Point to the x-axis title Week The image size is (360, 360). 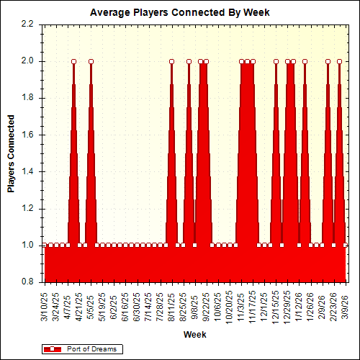(x=194, y=335)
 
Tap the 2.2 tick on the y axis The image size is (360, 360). (x=27, y=24)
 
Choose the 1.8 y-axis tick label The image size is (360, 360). (x=27, y=98)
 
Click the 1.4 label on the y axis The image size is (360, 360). (x=27, y=171)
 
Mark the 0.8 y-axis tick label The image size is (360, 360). (x=27, y=282)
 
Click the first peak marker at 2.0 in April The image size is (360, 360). (x=73, y=61)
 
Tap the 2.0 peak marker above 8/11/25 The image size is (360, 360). (x=171, y=61)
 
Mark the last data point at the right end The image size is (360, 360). (x=345, y=246)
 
